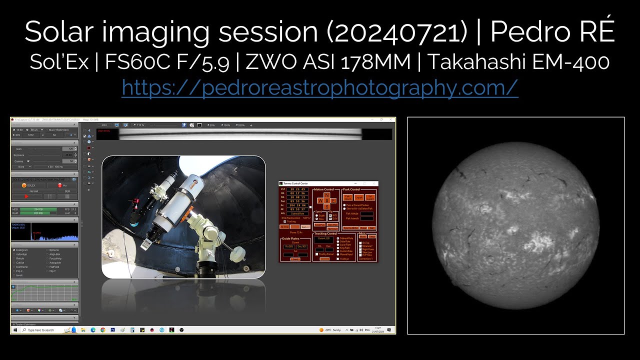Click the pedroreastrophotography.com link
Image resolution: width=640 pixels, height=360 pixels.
[x=319, y=88]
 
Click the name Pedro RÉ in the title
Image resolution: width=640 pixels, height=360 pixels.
[x=552, y=32]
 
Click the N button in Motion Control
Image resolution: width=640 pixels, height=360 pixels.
[x=327, y=195]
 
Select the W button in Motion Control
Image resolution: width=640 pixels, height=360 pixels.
[x=320, y=200]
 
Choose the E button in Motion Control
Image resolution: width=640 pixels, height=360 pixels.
[x=333, y=200]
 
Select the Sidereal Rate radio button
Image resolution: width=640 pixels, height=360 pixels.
[x=338, y=238]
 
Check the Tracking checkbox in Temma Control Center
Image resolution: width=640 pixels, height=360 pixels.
[x=285, y=221]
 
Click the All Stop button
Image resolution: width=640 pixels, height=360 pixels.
[x=284, y=227]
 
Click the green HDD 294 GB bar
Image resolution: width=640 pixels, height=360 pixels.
[x=38, y=209]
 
